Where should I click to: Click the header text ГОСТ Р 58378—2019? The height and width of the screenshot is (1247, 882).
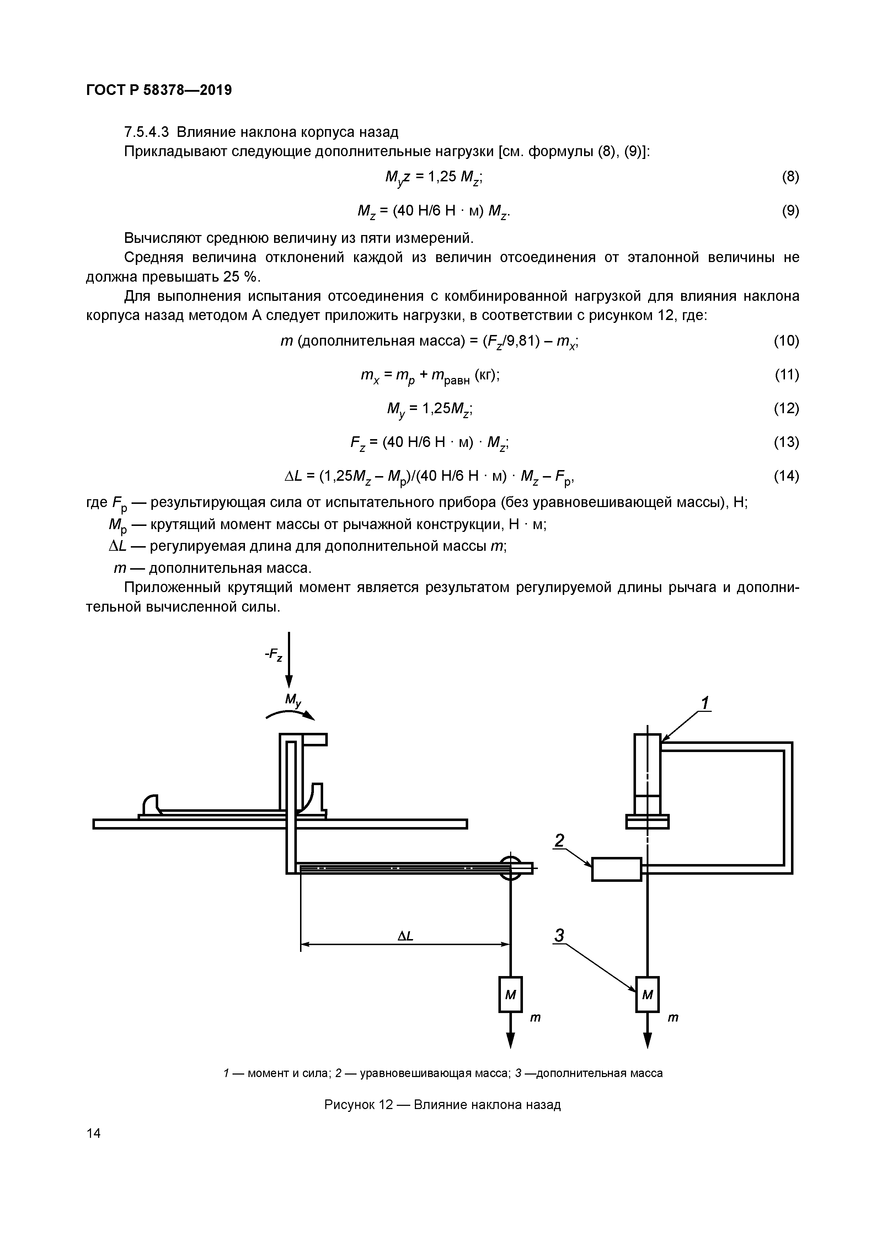pyautogui.click(x=159, y=90)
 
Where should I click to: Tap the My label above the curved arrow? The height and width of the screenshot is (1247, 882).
pyautogui.click(x=293, y=700)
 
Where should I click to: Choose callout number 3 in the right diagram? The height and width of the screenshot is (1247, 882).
pyautogui.click(x=560, y=936)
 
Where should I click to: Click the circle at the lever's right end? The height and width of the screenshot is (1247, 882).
pyautogui.click(x=510, y=868)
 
